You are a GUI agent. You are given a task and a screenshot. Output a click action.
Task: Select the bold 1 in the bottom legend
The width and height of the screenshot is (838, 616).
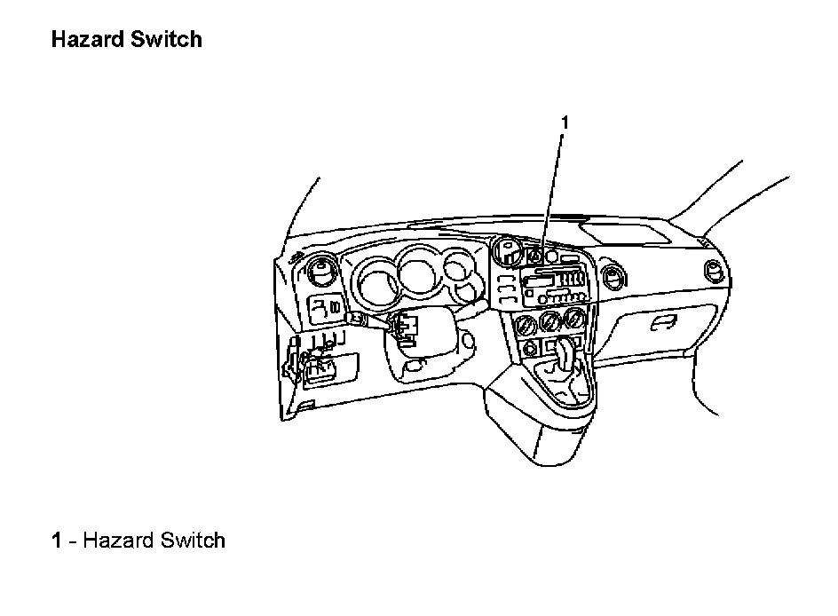pyautogui.click(x=57, y=540)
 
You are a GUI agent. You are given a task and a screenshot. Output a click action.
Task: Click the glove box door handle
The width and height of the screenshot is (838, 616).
pyautogui.click(x=660, y=323)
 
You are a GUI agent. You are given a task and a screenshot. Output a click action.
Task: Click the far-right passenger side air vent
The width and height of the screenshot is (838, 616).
pyautogui.click(x=713, y=272)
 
